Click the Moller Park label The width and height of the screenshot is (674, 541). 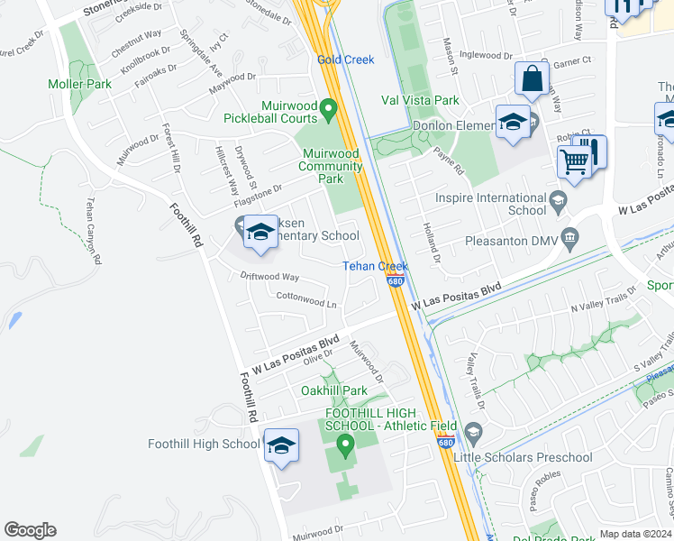pyautogui.click(x=80, y=84)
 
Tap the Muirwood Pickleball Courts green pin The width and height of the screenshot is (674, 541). pyautogui.click(x=329, y=111)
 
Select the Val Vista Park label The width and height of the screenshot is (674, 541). pyautogui.click(x=420, y=101)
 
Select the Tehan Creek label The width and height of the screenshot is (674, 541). pyautogui.click(x=375, y=266)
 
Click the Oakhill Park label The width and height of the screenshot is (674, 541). pyautogui.click(x=333, y=390)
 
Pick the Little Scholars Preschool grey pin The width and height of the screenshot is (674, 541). pyautogui.click(x=473, y=433)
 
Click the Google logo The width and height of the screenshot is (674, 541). pyautogui.click(x=30, y=530)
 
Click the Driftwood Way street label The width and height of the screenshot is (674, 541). pyautogui.click(x=269, y=277)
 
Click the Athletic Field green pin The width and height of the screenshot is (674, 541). pyautogui.click(x=344, y=444)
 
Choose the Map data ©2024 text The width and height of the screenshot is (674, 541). pyautogui.click(x=636, y=534)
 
